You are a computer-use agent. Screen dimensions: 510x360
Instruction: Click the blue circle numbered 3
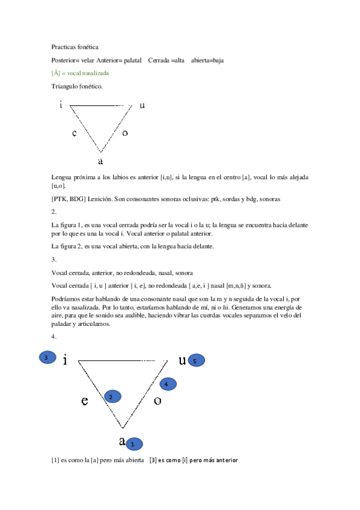click(46, 358)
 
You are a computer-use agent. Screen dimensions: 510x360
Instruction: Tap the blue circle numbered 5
click(196, 360)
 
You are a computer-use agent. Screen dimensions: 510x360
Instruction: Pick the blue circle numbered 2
click(112, 396)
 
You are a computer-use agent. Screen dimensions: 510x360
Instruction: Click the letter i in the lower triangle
click(64, 360)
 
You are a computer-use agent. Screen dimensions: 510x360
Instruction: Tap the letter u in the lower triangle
click(182, 360)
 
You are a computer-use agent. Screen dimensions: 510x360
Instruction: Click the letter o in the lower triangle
click(157, 401)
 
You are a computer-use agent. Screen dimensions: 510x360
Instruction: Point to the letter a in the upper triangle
click(100, 161)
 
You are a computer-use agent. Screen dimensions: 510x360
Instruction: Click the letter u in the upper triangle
click(142, 105)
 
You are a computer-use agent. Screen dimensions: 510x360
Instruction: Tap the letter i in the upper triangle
click(61, 105)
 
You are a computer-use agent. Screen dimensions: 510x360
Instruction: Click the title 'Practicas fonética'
click(76, 46)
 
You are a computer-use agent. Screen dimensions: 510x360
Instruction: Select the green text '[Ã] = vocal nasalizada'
click(80, 73)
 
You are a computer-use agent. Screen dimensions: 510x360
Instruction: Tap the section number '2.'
click(54, 212)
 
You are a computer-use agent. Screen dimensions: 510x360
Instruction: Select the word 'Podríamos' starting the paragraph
click(66, 298)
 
